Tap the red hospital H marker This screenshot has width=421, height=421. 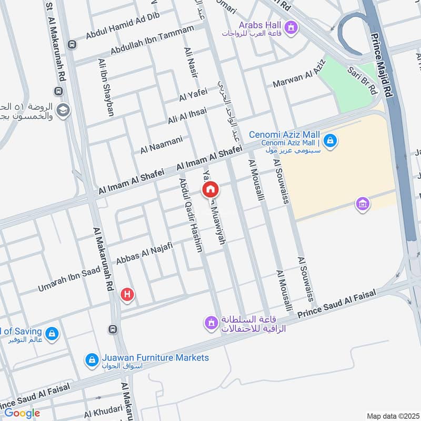tap(127, 294)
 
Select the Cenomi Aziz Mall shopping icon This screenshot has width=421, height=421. tap(330, 141)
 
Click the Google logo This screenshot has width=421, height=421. tap(22, 413)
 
